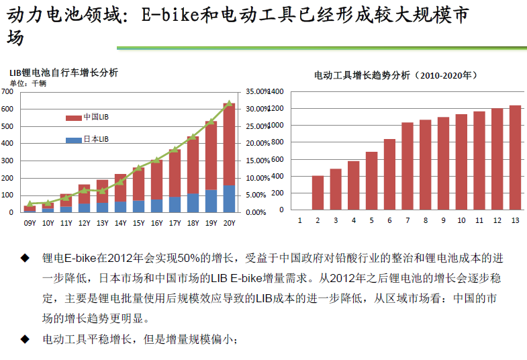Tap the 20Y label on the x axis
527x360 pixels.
pos(229,223)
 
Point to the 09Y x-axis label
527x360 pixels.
pos(30,223)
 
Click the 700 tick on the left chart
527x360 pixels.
pos(8,91)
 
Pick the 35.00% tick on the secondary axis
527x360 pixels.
pos(256,91)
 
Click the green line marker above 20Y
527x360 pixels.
pos(229,103)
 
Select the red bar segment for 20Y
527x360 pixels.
pos(229,144)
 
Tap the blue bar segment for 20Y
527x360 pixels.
pos(229,198)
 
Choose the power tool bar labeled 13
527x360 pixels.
pos(515,157)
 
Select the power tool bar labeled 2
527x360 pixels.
pos(318,192)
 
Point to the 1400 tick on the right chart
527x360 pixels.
pos(277,91)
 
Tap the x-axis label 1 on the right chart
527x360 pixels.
pos(299,220)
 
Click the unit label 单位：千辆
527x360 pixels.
pos(28,83)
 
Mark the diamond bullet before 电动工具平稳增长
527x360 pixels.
pos(25,339)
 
